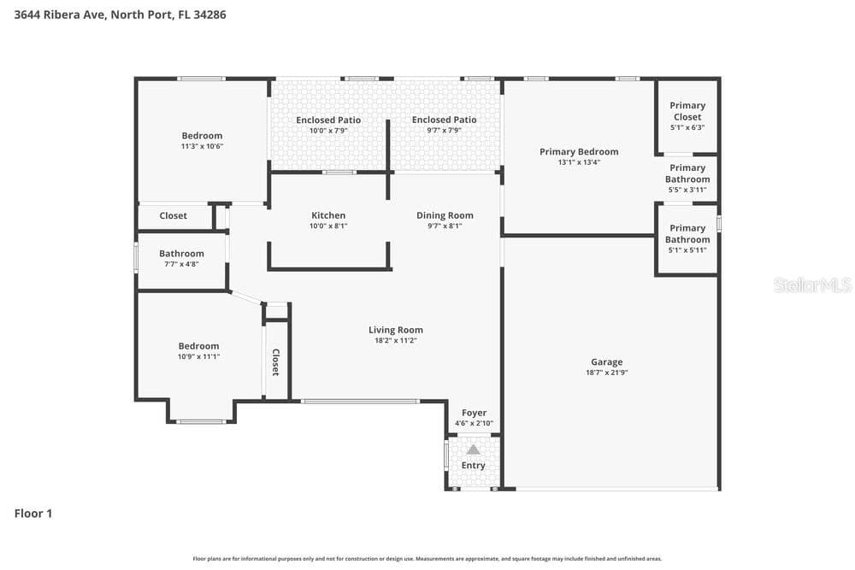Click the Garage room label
point(606,361)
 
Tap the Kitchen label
point(328,215)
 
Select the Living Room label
point(395,330)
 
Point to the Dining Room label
point(445,215)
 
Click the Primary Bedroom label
point(579,151)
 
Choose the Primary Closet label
point(687,111)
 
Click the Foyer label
point(474,413)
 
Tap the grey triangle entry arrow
point(474,450)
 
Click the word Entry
point(474,466)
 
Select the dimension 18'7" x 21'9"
point(606,373)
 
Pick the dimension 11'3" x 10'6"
point(202,146)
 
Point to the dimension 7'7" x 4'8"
point(181,264)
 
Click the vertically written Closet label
point(276,362)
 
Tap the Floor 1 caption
point(33,514)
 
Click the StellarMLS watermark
point(812,285)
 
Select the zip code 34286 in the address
point(209,15)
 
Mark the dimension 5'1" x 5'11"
point(687,250)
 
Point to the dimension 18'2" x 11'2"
point(395,341)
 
